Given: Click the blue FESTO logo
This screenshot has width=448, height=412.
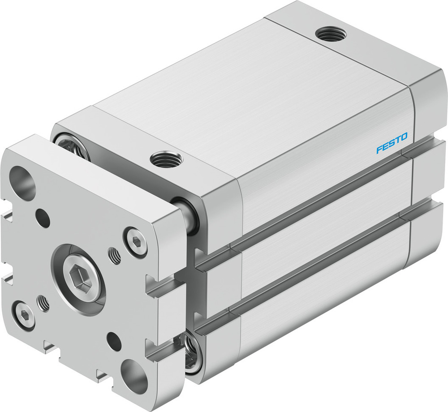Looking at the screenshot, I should point(392,143).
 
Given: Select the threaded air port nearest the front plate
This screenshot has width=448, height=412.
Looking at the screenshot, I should point(166,159).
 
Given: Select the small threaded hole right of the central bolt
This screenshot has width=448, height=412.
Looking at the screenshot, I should point(115,257).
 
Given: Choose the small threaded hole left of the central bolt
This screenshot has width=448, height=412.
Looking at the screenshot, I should point(44,303).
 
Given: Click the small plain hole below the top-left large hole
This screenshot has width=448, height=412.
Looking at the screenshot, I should point(43,218).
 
